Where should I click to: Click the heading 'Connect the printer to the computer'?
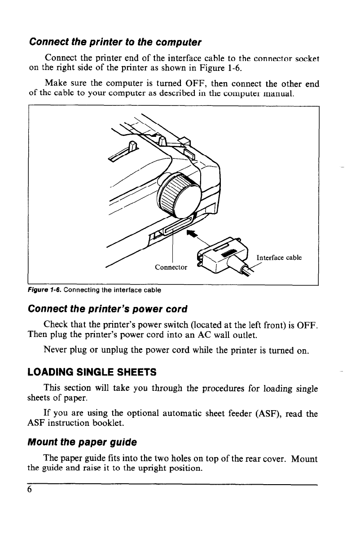115,43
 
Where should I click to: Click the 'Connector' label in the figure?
171,268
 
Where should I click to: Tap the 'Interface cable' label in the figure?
279,258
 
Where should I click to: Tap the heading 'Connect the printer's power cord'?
107,310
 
